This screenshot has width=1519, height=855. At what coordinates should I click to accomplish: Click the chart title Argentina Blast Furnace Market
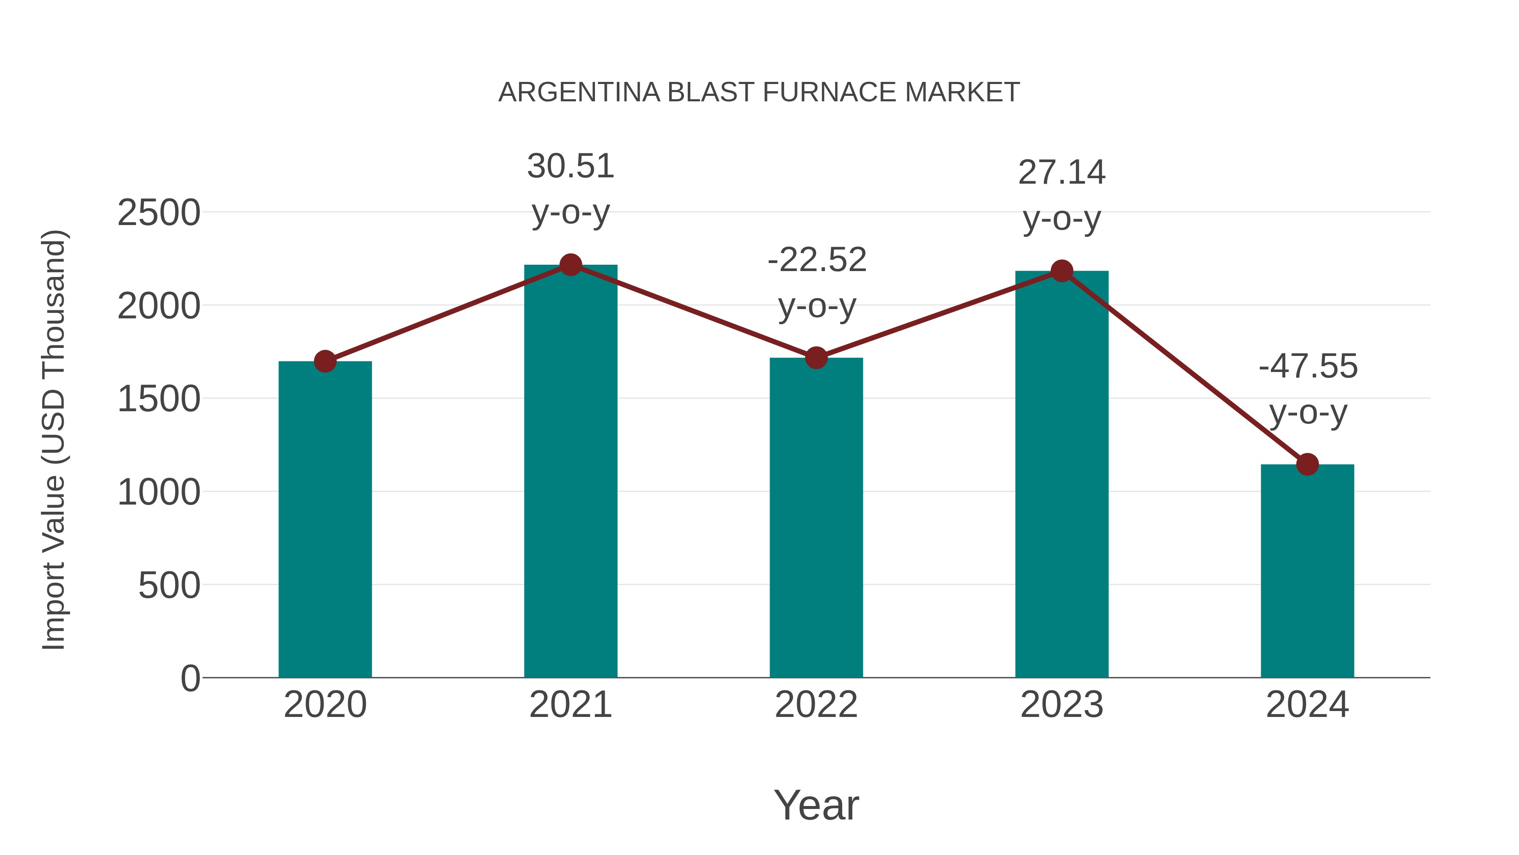click(x=759, y=92)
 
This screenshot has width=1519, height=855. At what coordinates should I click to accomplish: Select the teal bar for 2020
click(x=325, y=519)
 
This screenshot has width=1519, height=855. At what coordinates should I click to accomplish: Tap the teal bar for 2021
click(x=570, y=472)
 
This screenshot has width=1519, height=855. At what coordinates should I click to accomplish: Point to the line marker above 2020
click(x=325, y=361)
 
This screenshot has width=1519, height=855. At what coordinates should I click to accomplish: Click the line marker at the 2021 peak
click(x=570, y=265)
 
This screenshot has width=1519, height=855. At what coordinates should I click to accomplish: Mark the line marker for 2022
click(x=816, y=358)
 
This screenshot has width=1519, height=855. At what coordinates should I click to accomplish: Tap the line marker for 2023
click(x=1062, y=271)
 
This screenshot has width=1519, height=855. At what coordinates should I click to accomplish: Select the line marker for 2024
click(x=1307, y=464)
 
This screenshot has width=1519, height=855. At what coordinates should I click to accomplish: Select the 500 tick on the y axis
click(x=169, y=586)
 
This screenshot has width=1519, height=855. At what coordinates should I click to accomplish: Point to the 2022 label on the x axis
click(x=816, y=705)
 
